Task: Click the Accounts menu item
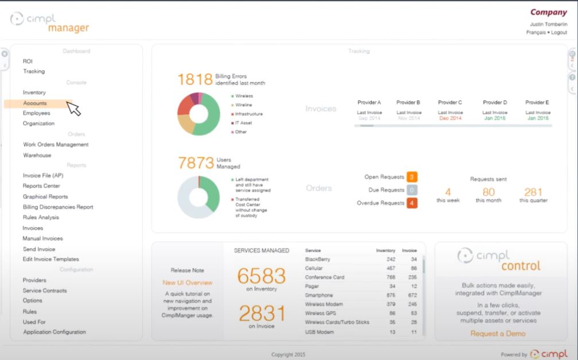(35, 103)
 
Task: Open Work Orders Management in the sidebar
(56, 145)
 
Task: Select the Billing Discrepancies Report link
(57, 207)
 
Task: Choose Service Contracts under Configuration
(45, 291)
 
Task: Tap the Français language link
(536, 33)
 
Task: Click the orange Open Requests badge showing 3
(412, 177)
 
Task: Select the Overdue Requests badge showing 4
(412, 203)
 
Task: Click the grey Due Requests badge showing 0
(412, 190)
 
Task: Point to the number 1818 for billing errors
(195, 80)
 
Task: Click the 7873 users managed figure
(196, 162)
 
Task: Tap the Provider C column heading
(450, 103)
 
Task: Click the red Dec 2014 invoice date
(450, 118)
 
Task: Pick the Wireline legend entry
(244, 105)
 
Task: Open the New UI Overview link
(187, 282)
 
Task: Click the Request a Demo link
(498, 333)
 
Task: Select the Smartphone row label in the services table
(319, 295)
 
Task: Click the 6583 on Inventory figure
(261, 276)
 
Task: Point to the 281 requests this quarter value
(533, 192)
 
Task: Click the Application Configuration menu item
(55, 332)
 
